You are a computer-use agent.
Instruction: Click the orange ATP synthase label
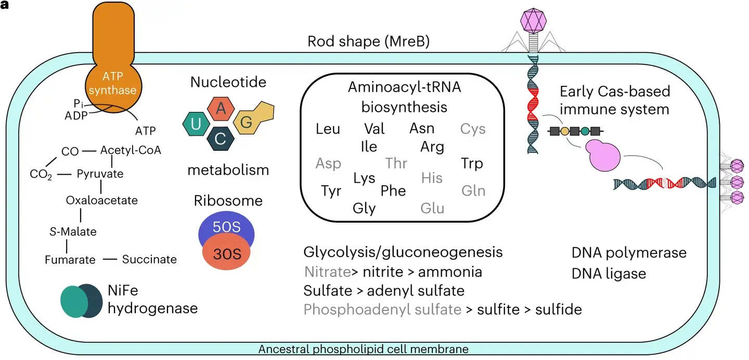tap(112, 84)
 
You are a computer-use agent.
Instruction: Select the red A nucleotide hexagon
tap(221, 109)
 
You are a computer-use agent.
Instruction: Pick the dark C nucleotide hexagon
tap(221, 138)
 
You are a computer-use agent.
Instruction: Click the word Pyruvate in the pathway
tap(100, 174)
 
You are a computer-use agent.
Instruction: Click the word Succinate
tap(149, 259)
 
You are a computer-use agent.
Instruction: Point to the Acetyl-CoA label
tap(131, 150)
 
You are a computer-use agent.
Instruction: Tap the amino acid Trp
tap(472, 163)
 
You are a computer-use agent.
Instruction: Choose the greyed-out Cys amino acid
tap(472, 128)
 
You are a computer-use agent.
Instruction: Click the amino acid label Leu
tap(328, 128)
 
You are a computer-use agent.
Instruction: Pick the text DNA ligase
tap(609, 273)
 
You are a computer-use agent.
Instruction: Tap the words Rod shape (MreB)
tap(368, 42)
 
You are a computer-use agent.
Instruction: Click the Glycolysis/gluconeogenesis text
tap(403, 252)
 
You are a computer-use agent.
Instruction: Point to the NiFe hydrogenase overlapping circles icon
tap(81, 301)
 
